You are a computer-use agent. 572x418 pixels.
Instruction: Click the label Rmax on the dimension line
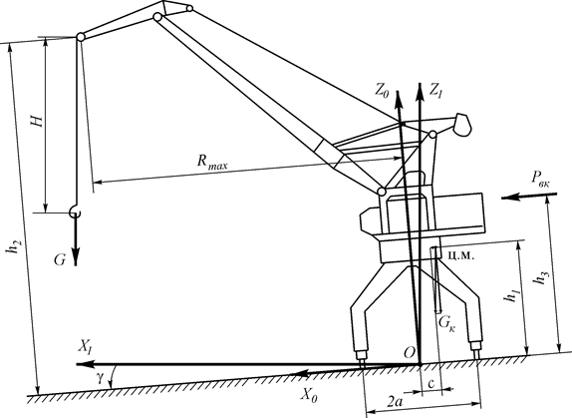click(212, 162)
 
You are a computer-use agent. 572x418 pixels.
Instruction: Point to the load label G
click(60, 260)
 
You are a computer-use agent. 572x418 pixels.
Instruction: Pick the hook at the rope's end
click(75, 211)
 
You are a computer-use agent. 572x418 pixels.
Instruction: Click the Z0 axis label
click(382, 91)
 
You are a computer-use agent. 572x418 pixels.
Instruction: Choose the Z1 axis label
click(435, 90)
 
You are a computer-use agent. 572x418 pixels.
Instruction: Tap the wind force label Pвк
click(541, 179)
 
